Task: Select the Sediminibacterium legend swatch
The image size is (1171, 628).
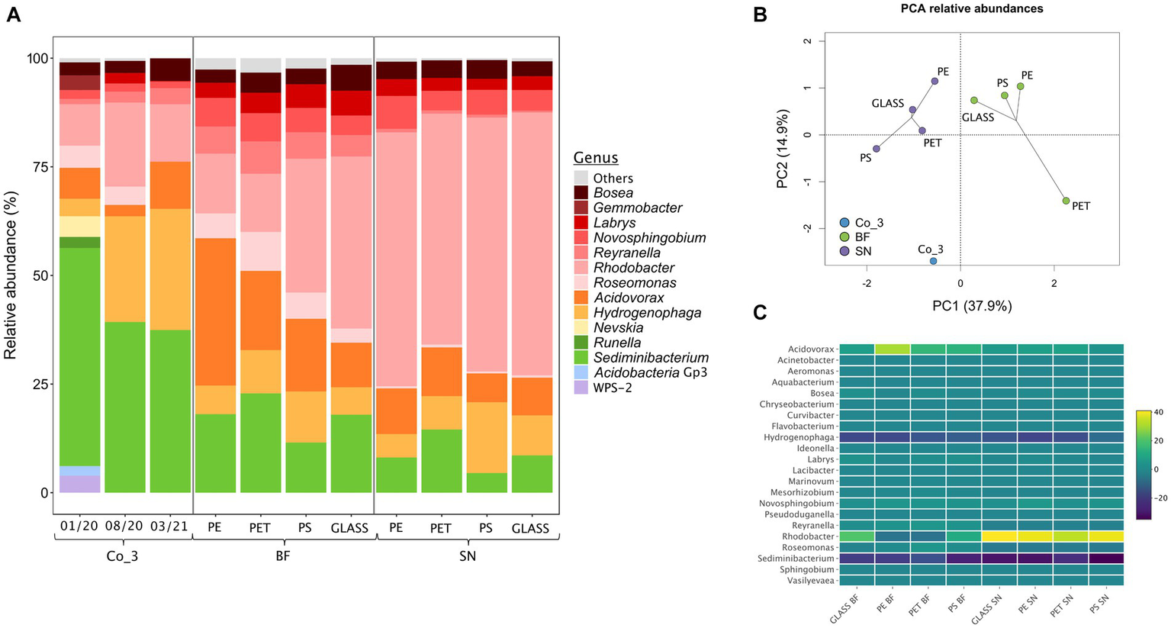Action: point(582,357)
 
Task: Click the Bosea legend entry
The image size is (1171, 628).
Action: point(613,193)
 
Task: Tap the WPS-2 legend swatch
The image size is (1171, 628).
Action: point(582,388)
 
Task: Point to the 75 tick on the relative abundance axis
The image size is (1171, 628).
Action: point(35,167)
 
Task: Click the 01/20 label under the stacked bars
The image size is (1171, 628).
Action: point(79,527)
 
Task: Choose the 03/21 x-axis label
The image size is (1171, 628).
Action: point(170,527)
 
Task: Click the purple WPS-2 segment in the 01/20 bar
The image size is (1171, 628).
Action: point(80,484)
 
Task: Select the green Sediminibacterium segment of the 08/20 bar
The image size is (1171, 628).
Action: point(125,407)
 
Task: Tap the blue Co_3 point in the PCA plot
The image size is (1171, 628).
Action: point(933,261)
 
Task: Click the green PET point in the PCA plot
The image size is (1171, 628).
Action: point(1066,201)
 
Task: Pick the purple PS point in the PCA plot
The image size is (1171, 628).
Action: point(877,149)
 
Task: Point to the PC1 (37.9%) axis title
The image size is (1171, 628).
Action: point(971,306)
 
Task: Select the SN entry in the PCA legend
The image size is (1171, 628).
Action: point(863,251)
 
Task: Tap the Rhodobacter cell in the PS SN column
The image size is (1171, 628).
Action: point(1105,536)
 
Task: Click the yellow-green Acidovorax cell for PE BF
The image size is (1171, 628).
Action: point(893,349)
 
